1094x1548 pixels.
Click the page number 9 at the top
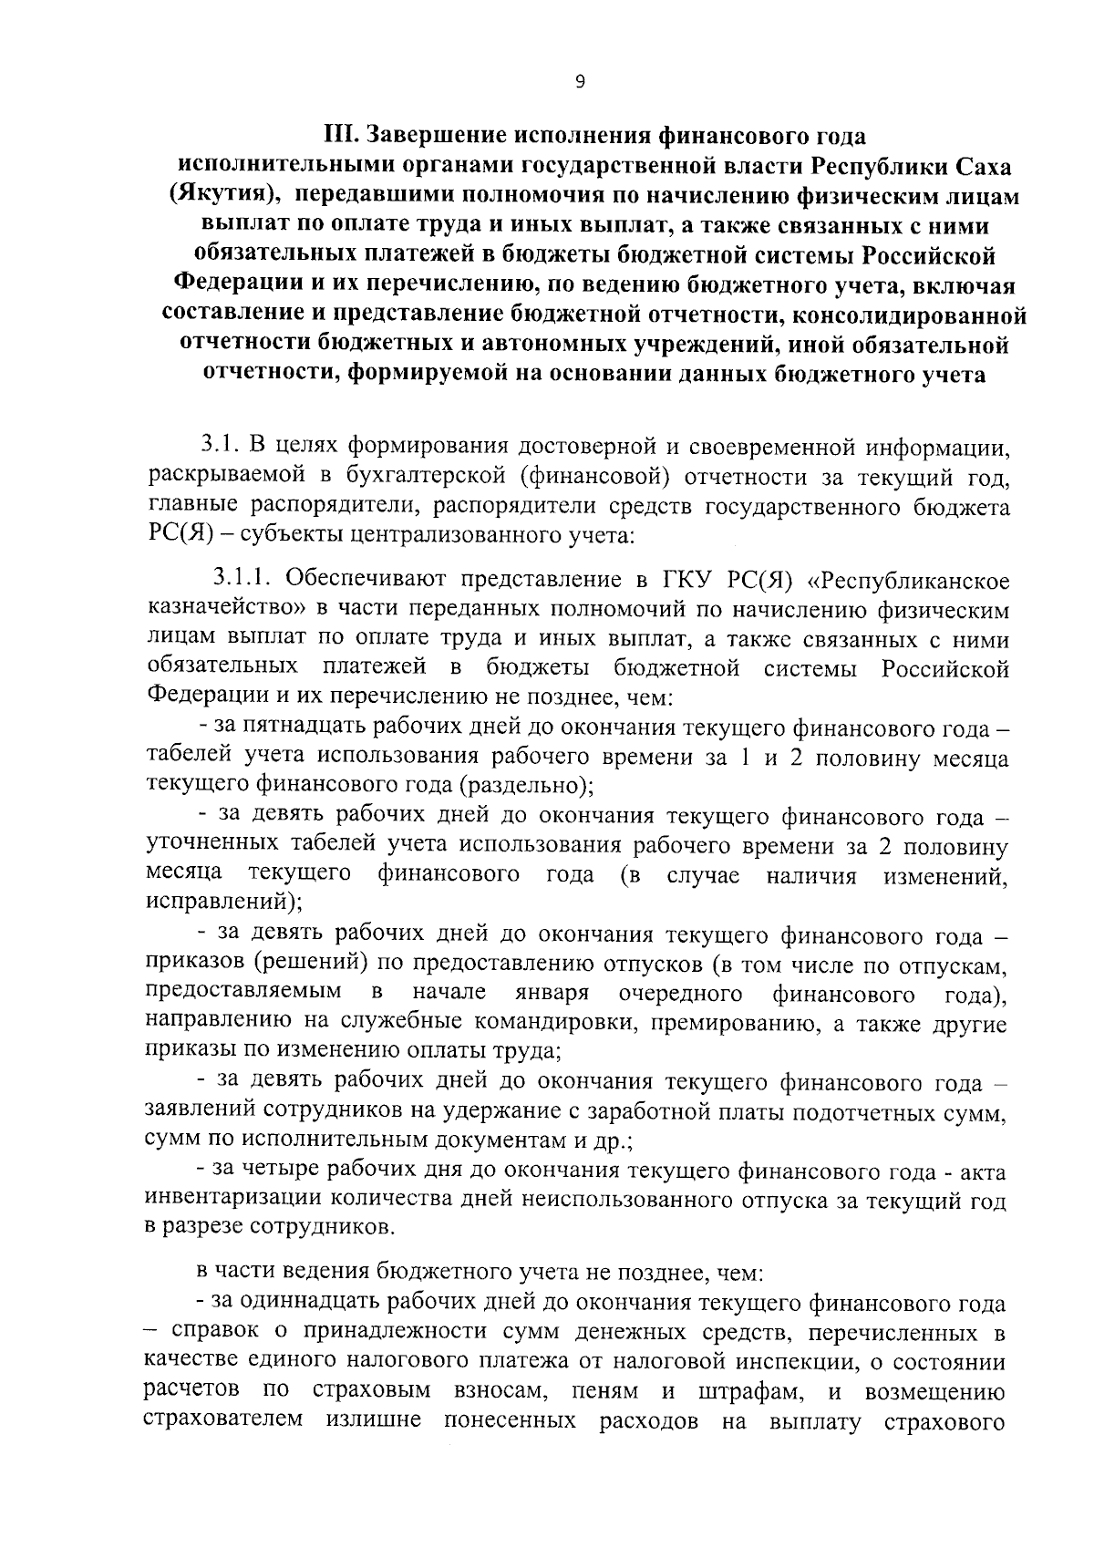[x=580, y=82]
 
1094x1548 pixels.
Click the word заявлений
[x=202, y=1112]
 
